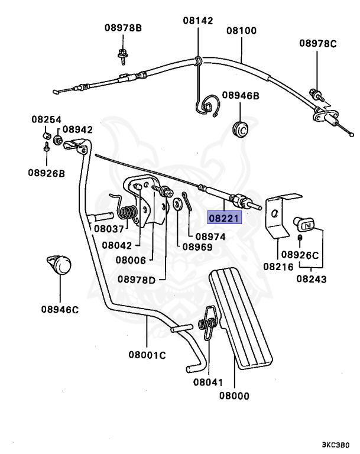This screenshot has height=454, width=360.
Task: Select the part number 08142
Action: (x=197, y=20)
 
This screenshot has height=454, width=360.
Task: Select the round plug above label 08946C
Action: (x=59, y=264)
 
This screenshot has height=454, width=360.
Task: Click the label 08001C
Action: (x=147, y=355)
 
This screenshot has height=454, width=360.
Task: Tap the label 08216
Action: (x=277, y=267)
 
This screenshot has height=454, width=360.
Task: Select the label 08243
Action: (x=311, y=278)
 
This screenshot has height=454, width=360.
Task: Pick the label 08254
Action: (x=46, y=119)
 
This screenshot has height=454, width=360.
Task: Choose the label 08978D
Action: (x=136, y=279)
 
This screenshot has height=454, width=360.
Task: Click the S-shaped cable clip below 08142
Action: (x=207, y=106)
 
